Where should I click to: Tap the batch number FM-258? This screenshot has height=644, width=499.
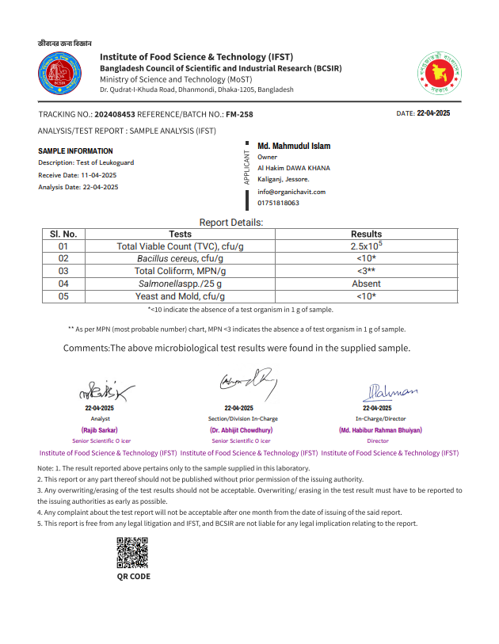239,115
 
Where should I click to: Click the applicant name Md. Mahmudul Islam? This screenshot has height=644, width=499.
294,147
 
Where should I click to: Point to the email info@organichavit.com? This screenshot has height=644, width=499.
291,192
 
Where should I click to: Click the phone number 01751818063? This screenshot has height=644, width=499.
279,204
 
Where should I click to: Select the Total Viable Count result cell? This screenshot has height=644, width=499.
366,246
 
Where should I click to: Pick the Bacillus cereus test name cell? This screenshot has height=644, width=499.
180,259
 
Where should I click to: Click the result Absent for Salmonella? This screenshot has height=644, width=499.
366,284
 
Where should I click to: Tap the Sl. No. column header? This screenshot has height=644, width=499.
63,234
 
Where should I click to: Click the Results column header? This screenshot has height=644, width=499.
366,234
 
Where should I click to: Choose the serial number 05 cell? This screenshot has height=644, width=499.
63,296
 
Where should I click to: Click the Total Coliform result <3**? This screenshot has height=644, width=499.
366,271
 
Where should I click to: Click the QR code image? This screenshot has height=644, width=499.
132,553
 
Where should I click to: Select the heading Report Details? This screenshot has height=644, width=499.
231,223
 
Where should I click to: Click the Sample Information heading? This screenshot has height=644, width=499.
75,151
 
